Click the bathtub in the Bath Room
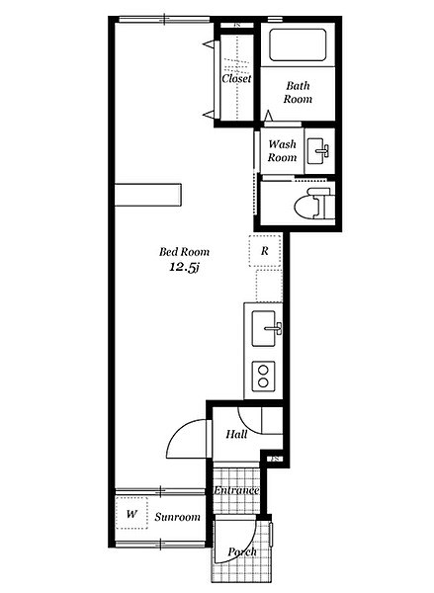click(298, 44)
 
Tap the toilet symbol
click(314, 203)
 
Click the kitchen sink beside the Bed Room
click(266, 328)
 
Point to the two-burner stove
click(263, 377)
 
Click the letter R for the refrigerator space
click(265, 250)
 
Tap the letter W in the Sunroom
click(131, 514)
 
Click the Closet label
click(236, 78)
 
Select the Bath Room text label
click(298, 92)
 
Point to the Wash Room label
click(283, 150)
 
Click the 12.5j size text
click(184, 268)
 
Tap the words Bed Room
click(184, 252)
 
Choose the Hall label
click(237, 434)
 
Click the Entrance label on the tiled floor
click(236, 490)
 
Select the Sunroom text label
click(178, 517)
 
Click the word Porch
click(242, 552)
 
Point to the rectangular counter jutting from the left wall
click(148, 195)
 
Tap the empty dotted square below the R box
click(269, 286)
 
